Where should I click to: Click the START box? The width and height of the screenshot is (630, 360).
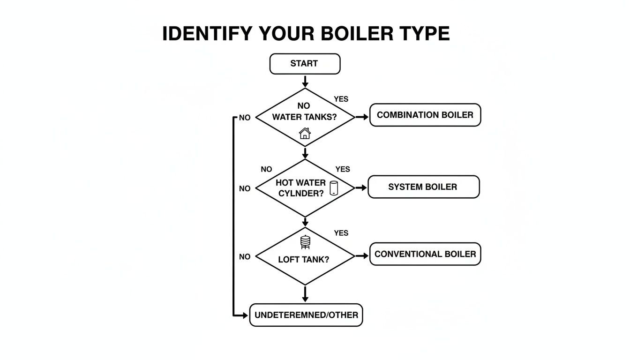(305, 64)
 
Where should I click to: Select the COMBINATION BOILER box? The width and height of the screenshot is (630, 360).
(425, 115)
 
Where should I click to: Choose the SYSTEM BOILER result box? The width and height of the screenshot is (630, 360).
(423, 187)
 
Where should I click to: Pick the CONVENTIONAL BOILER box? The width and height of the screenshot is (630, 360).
(425, 254)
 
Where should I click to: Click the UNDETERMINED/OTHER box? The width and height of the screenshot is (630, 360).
(306, 315)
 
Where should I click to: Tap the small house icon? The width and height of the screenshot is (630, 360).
(305, 133)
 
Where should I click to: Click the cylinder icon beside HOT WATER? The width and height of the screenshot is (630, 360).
(334, 188)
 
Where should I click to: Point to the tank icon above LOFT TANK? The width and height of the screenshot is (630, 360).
(305, 242)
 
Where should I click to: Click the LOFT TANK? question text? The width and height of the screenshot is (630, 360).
(304, 259)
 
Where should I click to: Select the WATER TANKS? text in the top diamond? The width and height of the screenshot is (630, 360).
(304, 117)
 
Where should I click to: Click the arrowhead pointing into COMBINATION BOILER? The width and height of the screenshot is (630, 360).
(366, 117)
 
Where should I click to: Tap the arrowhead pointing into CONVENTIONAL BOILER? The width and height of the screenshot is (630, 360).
(365, 256)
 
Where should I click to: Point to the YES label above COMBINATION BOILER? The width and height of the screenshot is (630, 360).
(341, 99)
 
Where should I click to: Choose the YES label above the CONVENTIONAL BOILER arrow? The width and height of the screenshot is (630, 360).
(341, 233)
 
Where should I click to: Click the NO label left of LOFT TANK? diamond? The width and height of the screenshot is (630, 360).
(245, 257)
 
